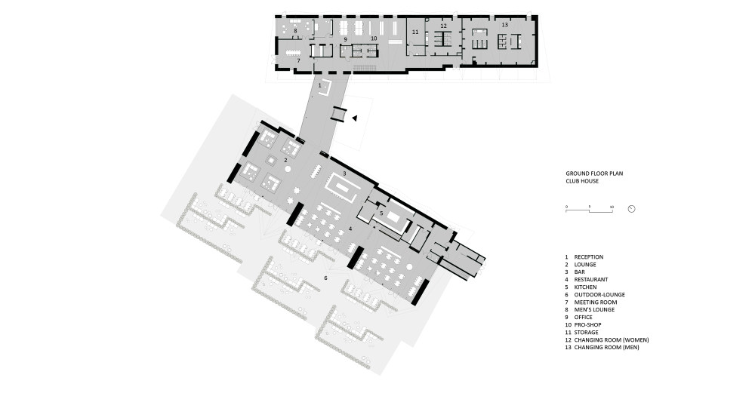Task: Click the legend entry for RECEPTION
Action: click(x=588, y=257)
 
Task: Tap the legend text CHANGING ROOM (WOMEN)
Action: click(x=611, y=340)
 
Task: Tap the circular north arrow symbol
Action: click(x=633, y=209)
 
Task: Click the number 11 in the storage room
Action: click(x=414, y=32)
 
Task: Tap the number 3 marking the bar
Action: click(x=344, y=174)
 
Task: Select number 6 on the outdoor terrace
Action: click(x=325, y=278)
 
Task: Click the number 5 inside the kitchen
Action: click(x=382, y=213)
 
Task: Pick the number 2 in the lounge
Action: click(x=285, y=161)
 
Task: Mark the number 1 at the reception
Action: click(x=319, y=86)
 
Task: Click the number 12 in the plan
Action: click(x=444, y=26)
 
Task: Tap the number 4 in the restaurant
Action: click(x=350, y=228)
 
